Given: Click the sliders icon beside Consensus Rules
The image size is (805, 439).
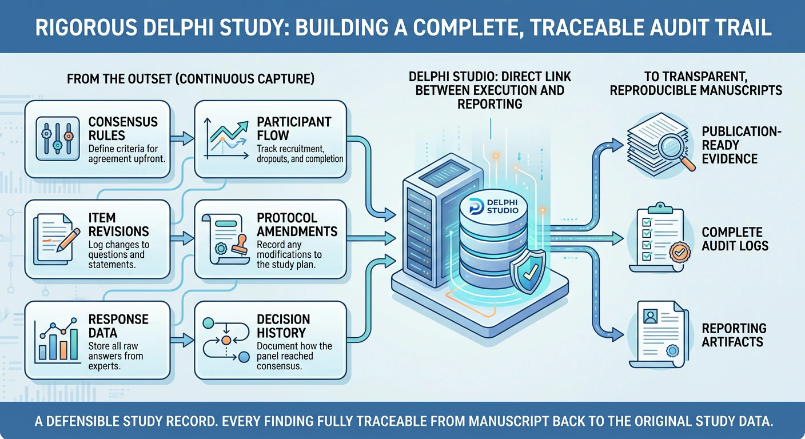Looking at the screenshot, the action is (58, 139).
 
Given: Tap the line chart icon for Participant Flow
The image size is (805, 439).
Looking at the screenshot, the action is (226, 139).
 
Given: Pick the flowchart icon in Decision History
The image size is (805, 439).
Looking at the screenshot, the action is (226, 340).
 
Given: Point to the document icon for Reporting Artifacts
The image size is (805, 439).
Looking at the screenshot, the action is (660, 334).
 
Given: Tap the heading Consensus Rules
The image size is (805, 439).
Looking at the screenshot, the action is (123, 129).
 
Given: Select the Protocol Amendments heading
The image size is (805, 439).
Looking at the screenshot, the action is (297, 225).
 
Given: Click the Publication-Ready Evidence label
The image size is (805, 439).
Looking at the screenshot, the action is (742, 145).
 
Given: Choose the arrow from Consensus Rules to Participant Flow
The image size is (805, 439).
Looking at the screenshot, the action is (182, 138).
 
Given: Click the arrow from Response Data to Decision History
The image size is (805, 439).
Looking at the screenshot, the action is (182, 340).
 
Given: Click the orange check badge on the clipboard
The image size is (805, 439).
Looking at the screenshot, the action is (679, 252).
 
